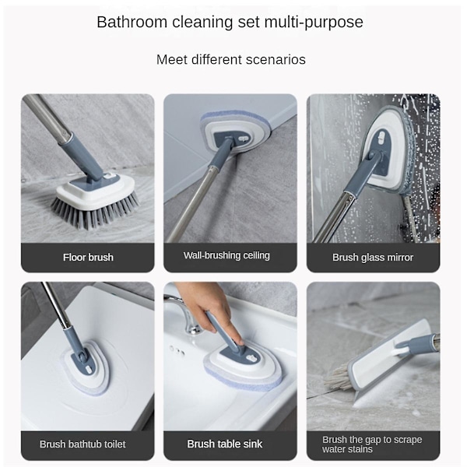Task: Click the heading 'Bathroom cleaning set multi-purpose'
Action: (x=230, y=22)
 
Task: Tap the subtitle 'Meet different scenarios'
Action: (x=231, y=60)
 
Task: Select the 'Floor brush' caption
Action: (x=88, y=258)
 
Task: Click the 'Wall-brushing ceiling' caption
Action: (x=226, y=255)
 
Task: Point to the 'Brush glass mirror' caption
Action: (x=373, y=258)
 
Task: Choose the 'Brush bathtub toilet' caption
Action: (x=83, y=444)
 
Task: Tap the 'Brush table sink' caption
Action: (x=225, y=444)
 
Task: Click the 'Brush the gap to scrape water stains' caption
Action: (x=372, y=444)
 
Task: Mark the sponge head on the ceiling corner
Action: (x=236, y=132)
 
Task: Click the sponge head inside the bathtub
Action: (x=85, y=367)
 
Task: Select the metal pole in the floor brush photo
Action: (x=47, y=117)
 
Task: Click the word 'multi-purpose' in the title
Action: (x=314, y=23)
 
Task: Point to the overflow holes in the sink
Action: (x=177, y=350)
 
